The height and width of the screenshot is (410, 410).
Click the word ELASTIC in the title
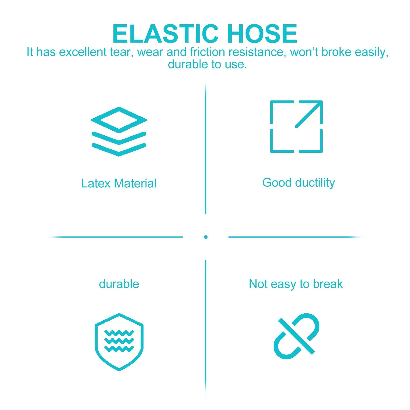(165, 34)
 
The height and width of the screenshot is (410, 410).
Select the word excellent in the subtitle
(83, 52)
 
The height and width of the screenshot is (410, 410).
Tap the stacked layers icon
(119, 131)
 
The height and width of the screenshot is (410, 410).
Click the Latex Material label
(119, 183)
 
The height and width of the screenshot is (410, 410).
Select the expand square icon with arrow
(296, 127)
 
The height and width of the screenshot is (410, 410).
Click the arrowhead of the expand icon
(318, 105)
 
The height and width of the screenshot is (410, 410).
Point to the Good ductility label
(299, 183)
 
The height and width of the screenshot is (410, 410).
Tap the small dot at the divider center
(206, 237)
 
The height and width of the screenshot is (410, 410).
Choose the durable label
(119, 284)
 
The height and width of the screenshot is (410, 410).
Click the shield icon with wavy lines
(119, 342)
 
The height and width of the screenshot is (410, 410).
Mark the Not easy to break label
(295, 284)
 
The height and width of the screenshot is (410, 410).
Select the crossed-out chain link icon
(296, 336)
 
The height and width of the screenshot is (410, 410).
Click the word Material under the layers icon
(135, 183)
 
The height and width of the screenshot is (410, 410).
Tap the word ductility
(315, 183)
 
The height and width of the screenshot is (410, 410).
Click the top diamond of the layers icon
(119, 120)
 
